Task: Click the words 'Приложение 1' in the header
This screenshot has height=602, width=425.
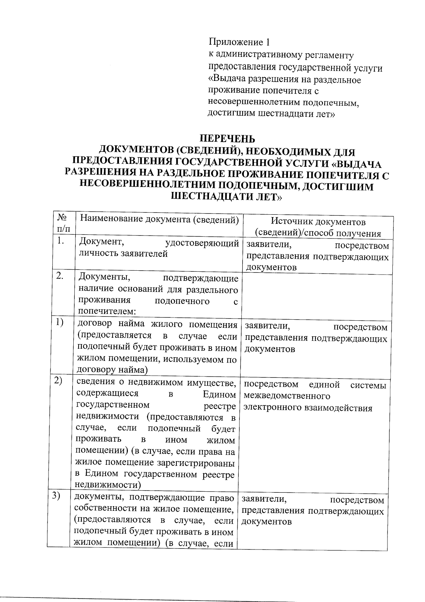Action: click(239, 42)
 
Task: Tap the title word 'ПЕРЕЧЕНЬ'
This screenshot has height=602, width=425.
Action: click(227, 139)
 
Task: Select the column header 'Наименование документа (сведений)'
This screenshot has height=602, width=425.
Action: click(158, 219)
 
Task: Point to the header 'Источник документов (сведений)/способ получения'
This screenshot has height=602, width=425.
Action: click(318, 227)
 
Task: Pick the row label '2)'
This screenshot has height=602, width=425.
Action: click(58, 380)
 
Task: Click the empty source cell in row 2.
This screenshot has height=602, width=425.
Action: click(317, 295)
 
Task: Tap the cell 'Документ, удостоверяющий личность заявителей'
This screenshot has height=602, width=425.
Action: click(158, 248)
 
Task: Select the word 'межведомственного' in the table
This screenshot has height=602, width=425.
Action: click(287, 396)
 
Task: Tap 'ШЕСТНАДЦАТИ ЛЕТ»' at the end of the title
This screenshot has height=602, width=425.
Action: click(226, 197)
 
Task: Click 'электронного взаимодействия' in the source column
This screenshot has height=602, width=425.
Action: click(308, 408)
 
